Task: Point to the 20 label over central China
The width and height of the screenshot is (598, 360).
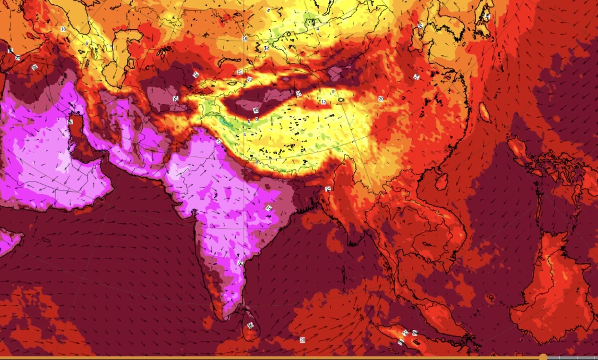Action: (x=381, y=99)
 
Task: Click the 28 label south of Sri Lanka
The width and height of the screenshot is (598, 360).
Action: (x=303, y=340)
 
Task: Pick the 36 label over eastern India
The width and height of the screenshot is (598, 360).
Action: (x=269, y=208)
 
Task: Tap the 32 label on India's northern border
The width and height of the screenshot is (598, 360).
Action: (x=218, y=142)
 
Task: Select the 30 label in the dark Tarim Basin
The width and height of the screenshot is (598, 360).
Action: (x=256, y=110)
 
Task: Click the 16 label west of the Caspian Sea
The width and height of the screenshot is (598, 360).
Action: (x=63, y=29)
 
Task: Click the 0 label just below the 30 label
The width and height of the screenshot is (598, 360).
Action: (x=256, y=120)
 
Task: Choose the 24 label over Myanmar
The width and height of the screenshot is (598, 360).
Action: (x=328, y=189)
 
